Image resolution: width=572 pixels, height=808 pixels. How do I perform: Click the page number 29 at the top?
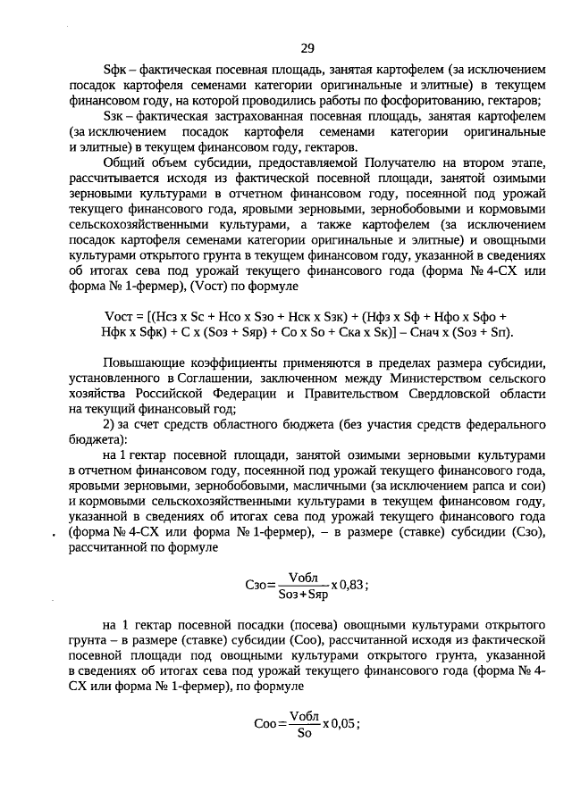(x=307, y=48)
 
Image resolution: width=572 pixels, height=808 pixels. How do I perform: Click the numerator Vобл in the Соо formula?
(x=303, y=715)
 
